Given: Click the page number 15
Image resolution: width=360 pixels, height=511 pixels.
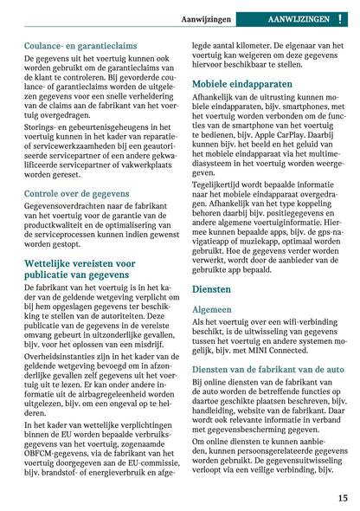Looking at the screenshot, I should [343, 497].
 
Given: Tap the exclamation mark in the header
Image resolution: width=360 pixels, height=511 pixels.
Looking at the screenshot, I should [342, 18].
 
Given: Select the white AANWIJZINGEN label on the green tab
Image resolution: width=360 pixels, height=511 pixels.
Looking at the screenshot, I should [299, 18].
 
